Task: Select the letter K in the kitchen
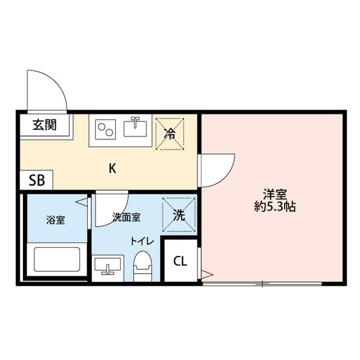click(112, 168)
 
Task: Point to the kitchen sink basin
click(135, 129)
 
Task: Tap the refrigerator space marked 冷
click(169, 133)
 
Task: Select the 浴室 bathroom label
click(55, 219)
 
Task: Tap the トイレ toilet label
click(142, 241)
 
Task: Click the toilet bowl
click(143, 264)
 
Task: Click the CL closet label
click(180, 261)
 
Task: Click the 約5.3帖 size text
click(275, 207)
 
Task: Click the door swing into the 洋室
click(218, 169)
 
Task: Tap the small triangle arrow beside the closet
click(206, 274)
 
